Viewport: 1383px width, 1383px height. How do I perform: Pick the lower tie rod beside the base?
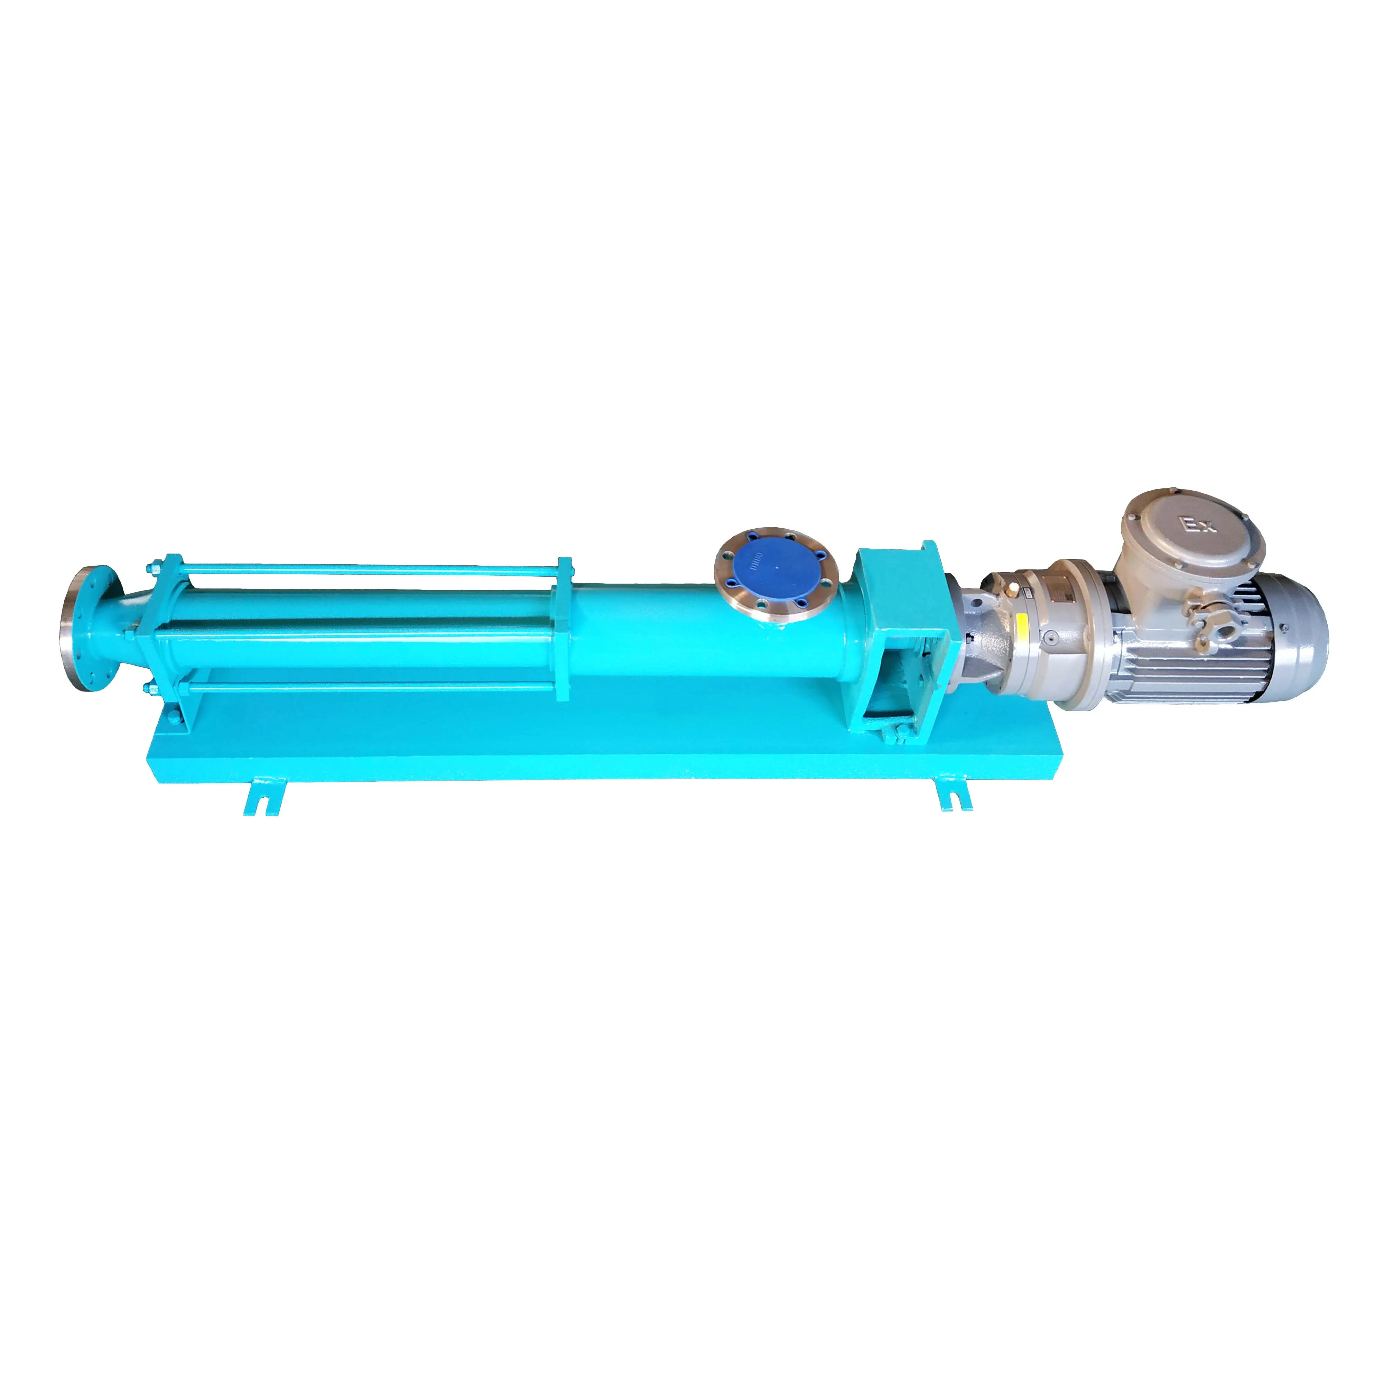(358, 692)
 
